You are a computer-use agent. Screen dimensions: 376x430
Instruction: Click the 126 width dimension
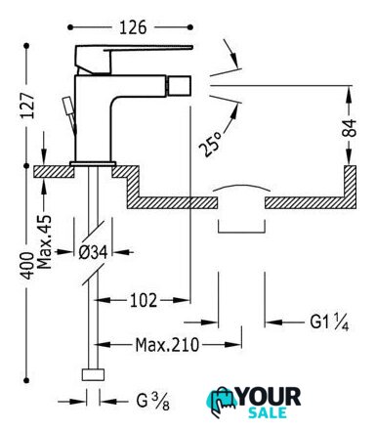pyautogui.click(x=133, y=27)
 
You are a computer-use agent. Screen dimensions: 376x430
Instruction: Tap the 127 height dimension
pyautogui.click(x=27, y=106)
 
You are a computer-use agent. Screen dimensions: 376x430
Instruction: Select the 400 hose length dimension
pyautogui.click(x=27, y=266)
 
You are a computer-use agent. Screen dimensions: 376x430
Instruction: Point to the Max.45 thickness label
pyautogui.click(x=44, y=241)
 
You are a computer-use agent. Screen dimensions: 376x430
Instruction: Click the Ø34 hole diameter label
pyautogui.click(x=93, y=252)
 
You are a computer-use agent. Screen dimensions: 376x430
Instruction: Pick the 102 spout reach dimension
pyautogui.click(x=144, y=300)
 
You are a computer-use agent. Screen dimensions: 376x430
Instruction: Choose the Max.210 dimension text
pyautogui.click(x=167, y=345)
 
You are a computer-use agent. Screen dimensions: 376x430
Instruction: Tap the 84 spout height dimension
pyautogui.click(x=349, y=128)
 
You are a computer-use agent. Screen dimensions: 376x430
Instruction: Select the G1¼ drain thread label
pyautogui.click(x=329, y=322)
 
